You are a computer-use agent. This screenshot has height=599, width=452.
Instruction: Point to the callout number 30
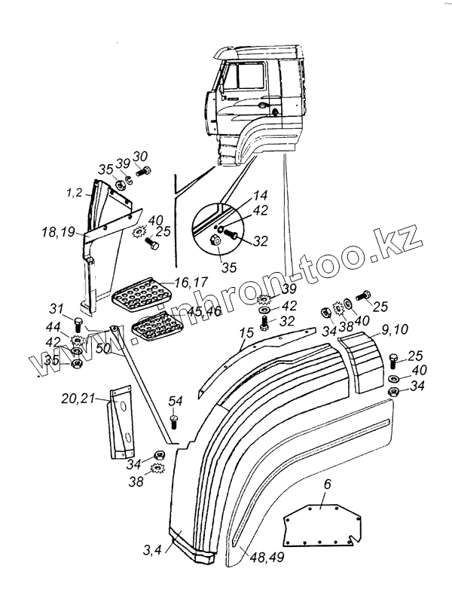[140, 156]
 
